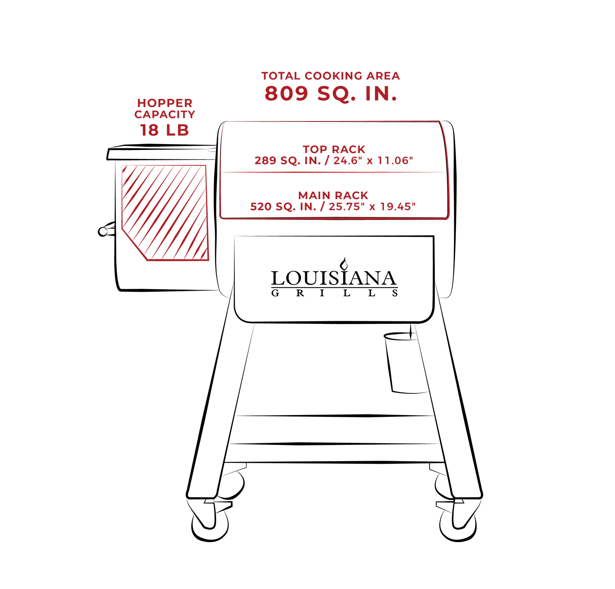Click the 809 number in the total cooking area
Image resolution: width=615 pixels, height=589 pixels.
286,93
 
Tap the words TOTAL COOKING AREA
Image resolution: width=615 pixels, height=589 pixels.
330,76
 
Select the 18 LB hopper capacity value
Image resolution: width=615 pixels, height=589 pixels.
165,130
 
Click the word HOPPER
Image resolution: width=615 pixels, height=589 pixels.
165,103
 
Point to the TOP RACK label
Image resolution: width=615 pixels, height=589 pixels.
334,149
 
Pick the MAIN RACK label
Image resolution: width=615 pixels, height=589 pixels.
333,195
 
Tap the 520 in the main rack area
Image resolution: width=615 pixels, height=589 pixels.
261,207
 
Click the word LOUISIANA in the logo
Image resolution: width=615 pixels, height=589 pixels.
334,278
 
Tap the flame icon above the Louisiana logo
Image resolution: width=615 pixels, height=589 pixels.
344,264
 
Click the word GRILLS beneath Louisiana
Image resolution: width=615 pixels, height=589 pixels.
335,293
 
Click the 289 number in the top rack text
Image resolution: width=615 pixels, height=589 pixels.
265,161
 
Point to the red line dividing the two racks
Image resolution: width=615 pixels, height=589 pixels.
333,172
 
